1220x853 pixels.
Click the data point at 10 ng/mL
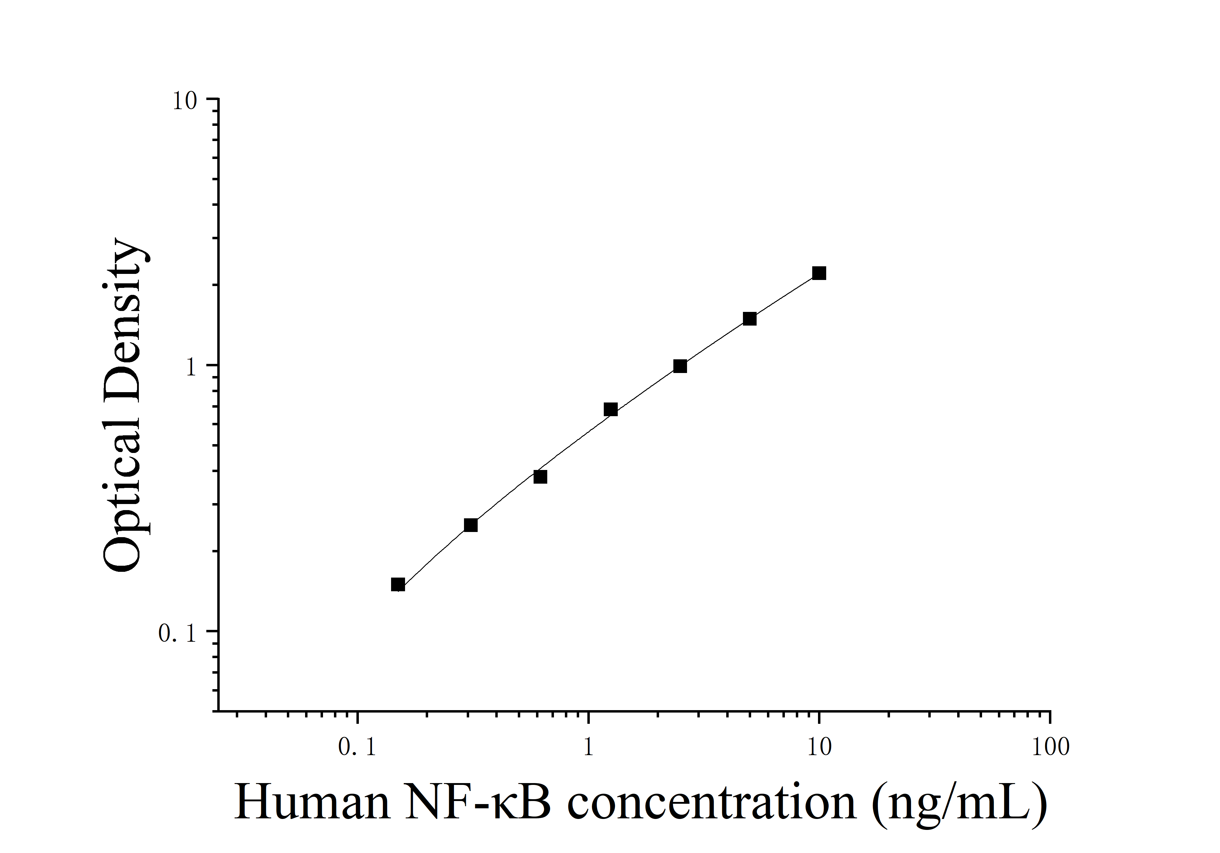click(819, 273)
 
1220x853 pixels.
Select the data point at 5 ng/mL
click(749, 319)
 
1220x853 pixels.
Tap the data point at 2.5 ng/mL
click(680, 366)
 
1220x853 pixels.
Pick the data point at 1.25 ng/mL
click(610, 409)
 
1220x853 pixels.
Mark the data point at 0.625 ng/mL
click(540, 477)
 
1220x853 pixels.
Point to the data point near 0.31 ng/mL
click(471, 525)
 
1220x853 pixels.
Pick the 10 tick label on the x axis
click(819, 748)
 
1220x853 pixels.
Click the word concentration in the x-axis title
click(712, 803)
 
